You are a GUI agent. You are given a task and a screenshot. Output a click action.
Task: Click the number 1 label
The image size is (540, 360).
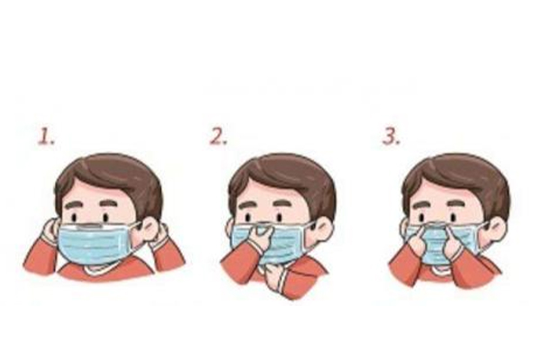point(46,136)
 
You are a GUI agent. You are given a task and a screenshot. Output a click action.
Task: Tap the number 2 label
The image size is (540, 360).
point(219,136)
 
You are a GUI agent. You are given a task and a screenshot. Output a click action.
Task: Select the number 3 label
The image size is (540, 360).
point(391,136)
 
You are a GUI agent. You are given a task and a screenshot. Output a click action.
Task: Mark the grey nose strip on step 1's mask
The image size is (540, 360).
point(90,226)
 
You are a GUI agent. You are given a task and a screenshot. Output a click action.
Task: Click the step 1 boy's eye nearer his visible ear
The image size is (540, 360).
point(105,218)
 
